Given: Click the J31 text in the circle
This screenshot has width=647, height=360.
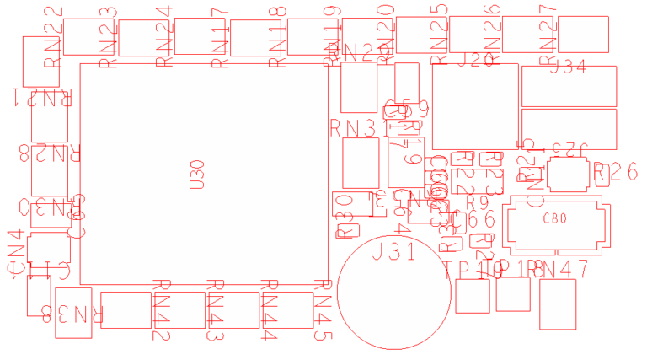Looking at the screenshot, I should tap(392, 251).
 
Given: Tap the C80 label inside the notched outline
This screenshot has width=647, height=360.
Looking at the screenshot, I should tap(554, 219).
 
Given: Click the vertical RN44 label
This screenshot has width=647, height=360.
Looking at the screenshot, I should tap(270, 310).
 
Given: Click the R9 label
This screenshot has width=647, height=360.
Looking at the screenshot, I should tap(477, 203).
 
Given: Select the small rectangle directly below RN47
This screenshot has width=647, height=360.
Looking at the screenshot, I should tap(557, 305).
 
